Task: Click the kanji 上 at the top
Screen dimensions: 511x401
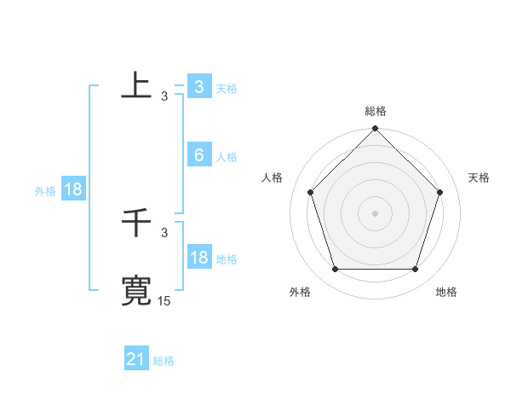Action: tap(136, 85)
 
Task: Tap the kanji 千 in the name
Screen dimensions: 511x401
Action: tap(136, 224)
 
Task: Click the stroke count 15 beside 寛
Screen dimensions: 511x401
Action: tap(164, 301)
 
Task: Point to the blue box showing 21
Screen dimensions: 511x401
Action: tap(136, 359)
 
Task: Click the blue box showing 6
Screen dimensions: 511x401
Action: tap(198, 155)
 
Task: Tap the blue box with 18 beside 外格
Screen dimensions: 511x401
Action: tap(72, 189)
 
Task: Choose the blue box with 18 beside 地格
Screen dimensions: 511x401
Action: tap(198, 258)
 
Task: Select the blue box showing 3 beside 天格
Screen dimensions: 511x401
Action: tap(198, 87)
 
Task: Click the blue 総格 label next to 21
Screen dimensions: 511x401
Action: tap(164, 361)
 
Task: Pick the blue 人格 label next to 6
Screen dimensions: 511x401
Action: tap(227, 157)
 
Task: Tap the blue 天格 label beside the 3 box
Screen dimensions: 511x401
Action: tap(227, 89)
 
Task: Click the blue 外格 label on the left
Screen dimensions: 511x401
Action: tap(45, 191)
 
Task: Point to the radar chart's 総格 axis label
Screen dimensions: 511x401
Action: tap(376, 111)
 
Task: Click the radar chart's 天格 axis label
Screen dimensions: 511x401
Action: tap(479, 177)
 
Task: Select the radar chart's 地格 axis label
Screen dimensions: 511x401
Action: tap(446, 292)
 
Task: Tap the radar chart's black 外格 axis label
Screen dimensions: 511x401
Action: tap(300, 292)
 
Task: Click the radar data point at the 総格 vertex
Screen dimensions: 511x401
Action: tap(376, 130)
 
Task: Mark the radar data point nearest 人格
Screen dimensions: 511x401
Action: tap(310, 192)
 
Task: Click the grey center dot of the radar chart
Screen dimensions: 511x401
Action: tap(376, 212)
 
